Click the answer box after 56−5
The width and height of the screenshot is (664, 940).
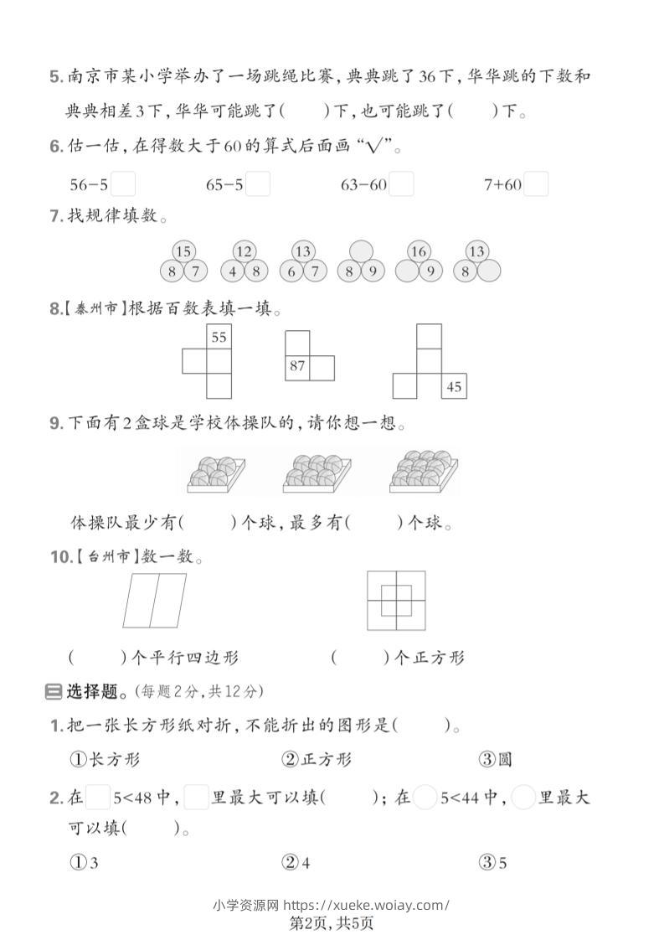pos(123,183)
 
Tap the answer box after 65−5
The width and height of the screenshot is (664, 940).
pos(259,183)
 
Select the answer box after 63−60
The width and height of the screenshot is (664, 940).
pos(402,183)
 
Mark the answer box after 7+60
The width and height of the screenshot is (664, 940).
pos(536,183)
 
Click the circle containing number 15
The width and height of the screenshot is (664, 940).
pos(183,251)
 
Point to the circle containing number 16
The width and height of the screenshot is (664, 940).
pos(419,251)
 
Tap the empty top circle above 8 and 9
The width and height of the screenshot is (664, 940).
pos(360,251)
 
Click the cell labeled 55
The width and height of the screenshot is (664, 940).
pos(219,338)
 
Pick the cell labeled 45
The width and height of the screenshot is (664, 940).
pos(454,386)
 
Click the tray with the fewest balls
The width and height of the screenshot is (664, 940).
pos(215,473)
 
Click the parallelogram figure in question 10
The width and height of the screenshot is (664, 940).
pos(155,600)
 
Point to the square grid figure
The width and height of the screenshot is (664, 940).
pos(396,600)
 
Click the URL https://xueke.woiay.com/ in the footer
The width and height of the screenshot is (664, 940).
pos(367,904)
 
